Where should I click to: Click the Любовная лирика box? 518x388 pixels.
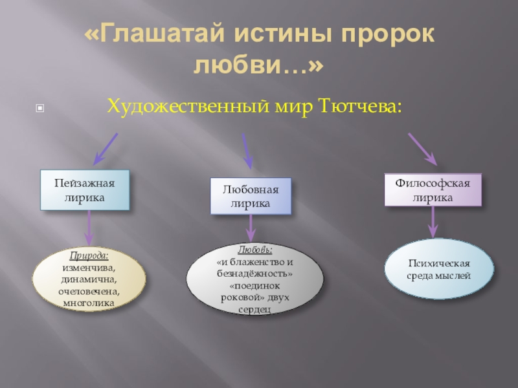251,196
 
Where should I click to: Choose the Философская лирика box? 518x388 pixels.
433,190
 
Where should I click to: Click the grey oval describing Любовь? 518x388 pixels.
254,279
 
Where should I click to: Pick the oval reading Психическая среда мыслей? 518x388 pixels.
439,270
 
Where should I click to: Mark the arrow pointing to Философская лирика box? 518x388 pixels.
422,149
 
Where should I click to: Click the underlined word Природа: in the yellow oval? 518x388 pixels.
89,256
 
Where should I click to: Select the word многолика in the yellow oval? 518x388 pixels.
89,302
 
